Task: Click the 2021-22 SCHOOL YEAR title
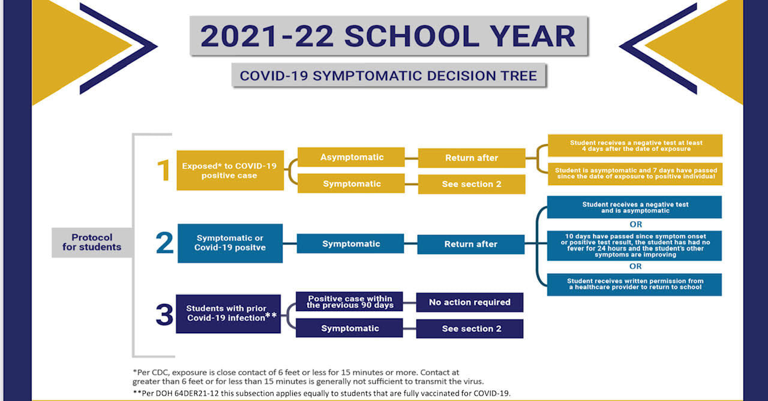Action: [389, 35]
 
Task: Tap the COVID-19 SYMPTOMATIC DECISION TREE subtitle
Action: [388, 76]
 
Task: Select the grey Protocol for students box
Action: [92, 242]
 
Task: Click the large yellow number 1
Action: [163, 170]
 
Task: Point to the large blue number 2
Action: [164, 242]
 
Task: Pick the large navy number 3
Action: [164, 314]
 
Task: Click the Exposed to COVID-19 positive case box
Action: [230, 170]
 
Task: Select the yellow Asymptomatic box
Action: [351, 157]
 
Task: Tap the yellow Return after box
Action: [472, 158]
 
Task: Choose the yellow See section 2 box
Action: [472, 184]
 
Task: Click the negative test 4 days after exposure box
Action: [635, 146]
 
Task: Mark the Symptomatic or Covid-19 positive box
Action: [230, 243]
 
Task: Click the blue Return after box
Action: [471, 244]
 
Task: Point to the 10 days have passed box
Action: [635, 246]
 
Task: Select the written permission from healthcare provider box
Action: [635, 284]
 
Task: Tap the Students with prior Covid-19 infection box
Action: [229, 313]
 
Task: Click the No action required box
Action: [470, 302]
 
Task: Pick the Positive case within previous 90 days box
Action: [349, 301]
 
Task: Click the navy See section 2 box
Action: [470, 328]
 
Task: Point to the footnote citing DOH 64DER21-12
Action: [322, 393]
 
